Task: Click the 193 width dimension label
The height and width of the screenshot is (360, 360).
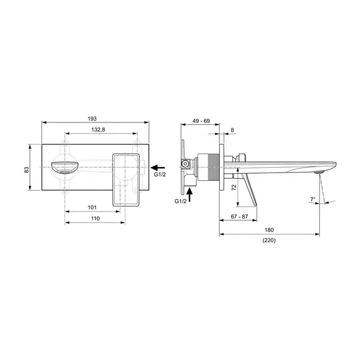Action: (x=92, y=119)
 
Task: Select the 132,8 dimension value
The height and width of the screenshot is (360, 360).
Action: (x=99, y=130)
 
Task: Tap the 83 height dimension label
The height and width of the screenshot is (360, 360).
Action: (x=27, y=170)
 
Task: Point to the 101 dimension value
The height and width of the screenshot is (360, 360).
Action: (x=92, y=208)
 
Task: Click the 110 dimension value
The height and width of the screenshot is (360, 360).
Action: (x=96, y=219)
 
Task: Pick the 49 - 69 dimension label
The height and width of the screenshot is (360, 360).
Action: (x=201, y=121)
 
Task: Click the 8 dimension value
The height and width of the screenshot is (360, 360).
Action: (x=232, y=130)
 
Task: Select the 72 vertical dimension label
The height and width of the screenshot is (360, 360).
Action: (x=233, y=187)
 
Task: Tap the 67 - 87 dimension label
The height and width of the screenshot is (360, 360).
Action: (x=239, y=217)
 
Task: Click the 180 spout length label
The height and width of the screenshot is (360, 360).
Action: (x=269, y=230)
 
